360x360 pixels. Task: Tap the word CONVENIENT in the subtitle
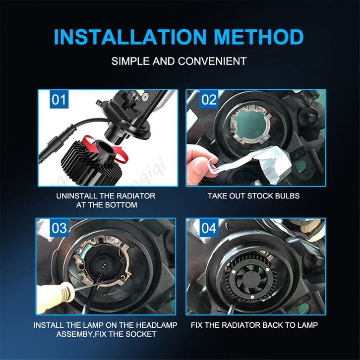(x=212, y=61)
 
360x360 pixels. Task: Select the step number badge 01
(x=59, y=99)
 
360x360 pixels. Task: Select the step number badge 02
(x=209, y=99)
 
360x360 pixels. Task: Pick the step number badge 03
(x=59, y=228)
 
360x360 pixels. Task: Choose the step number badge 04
(x=209, y=228)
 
